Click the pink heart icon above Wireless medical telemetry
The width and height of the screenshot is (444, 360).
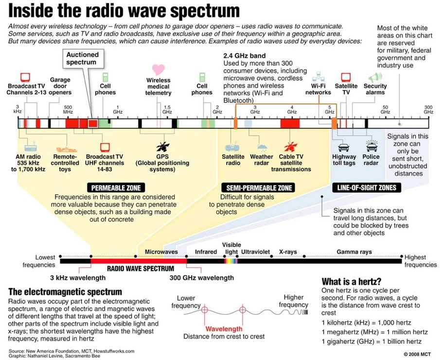click(158, 69)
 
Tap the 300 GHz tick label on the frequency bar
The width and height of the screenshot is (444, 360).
click(428, 109)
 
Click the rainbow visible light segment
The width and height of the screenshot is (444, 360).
click(231, 261)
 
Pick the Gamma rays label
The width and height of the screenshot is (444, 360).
click(354, 252)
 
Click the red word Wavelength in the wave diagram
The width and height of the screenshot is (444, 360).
click(224, 329)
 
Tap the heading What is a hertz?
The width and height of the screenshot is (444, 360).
click(351, 282)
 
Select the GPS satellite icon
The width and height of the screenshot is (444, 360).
click(161, 146)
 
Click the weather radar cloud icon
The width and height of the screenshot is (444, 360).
click(262, 146)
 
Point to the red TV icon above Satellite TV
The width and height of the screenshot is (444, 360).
click(346, 77)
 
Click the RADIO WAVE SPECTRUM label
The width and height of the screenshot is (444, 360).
click(141, 268)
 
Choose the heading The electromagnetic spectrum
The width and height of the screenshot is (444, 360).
click(65, 292)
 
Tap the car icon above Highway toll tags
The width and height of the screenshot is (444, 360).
click(344, 147)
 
